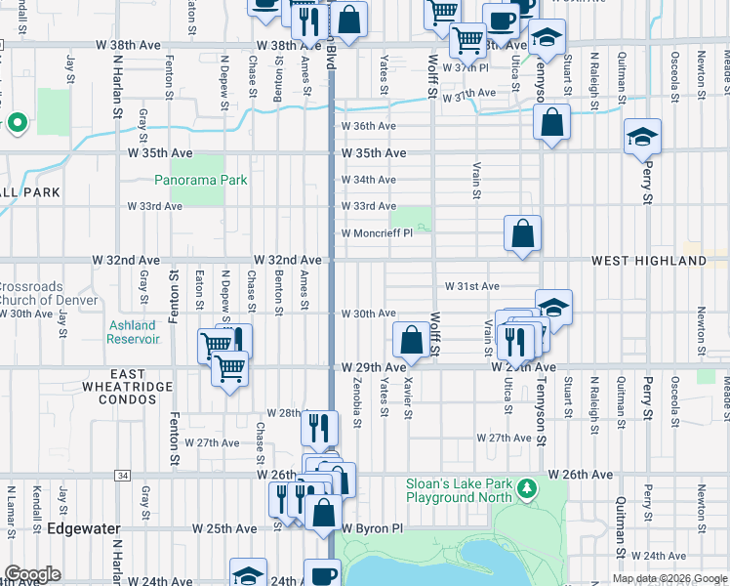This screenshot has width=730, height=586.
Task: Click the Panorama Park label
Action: click(x=200, y=180)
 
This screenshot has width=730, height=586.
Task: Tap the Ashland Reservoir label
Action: click(x=133, y=332)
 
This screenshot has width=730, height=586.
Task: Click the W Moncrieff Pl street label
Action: click(x=376, y=233)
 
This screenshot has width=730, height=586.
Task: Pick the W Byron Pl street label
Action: click(x=372, y=528)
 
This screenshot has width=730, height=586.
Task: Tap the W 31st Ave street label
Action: click(x=472, y=287)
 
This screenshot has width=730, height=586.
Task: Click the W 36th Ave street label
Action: click(x=368, y=126)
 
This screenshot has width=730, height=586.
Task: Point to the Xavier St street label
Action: click(x=408, y=400)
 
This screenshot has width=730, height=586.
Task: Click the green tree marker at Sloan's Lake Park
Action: click(x=527, y=486)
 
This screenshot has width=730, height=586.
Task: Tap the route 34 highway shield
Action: click(x=122, y=475)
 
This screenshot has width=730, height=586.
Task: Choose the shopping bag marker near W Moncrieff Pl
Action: click(x=523, y=234)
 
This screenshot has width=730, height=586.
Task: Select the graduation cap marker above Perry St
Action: click(x=642, y=138)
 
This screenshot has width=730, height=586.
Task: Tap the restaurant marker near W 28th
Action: click(x=319, y=427)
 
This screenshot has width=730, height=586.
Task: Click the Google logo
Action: click(x=32, y=574)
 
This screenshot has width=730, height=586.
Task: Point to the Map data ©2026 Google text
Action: click(x=669, y=578)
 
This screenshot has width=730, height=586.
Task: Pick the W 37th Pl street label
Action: click(x=465, y=67)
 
